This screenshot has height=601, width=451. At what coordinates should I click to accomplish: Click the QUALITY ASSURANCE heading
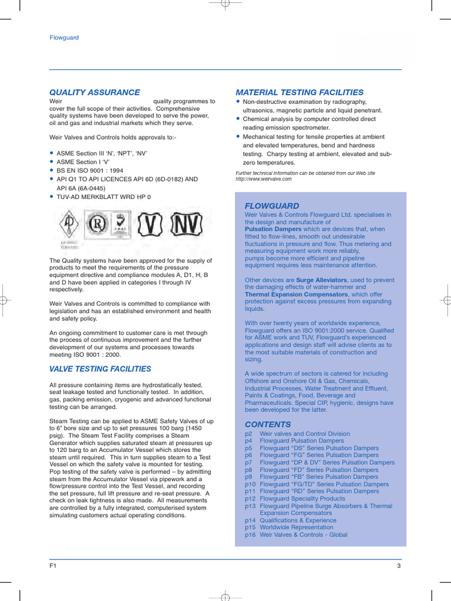95,92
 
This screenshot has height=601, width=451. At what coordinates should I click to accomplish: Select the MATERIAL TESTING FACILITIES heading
299,92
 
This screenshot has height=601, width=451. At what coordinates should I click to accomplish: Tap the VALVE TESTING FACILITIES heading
100,369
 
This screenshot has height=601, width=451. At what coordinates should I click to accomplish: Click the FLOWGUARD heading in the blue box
272,206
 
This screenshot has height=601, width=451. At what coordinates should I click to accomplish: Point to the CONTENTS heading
268,424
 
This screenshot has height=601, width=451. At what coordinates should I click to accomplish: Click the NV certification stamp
186,224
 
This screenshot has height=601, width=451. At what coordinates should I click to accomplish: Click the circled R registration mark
97,224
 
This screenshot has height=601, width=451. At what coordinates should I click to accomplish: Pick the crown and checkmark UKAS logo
121,223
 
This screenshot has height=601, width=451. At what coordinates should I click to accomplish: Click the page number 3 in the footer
399,566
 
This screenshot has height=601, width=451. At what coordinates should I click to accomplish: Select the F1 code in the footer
53,566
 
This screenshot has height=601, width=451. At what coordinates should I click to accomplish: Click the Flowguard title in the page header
64,38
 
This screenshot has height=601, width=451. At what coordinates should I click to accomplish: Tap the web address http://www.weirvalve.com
264,179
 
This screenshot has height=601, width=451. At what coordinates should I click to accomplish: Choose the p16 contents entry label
250,535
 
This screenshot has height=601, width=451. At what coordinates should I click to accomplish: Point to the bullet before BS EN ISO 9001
52,171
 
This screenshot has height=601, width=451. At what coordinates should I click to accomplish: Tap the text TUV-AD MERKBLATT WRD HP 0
103,197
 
